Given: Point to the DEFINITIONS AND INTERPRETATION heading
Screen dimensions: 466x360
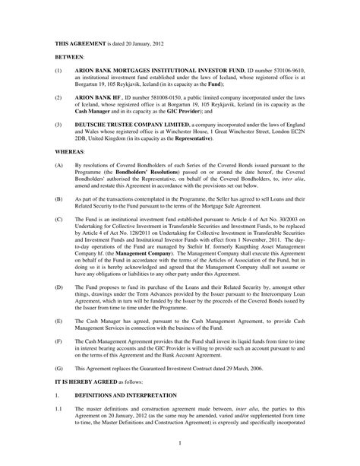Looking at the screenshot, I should (129, 392).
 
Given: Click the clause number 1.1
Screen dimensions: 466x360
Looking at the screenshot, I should (58, 407).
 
